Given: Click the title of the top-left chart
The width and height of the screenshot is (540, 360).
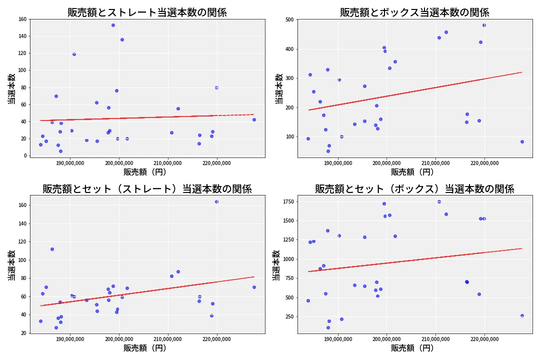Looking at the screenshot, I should click(147, 12).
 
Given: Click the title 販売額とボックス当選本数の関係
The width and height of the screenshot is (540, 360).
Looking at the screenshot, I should click(414, 12).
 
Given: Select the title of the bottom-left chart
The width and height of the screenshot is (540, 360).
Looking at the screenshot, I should click(147, 189).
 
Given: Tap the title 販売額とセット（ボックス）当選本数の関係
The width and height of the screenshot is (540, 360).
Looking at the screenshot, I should click(414, 189).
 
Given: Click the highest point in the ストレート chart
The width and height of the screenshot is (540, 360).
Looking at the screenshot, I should click(113, 25).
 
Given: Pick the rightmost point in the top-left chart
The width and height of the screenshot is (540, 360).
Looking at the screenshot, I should click(254, 119).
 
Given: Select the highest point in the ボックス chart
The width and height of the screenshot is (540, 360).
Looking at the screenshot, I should click(484, 25).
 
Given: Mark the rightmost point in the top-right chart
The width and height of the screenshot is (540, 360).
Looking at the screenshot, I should click(522, 141).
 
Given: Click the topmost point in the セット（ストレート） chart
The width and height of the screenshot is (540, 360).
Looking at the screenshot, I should click(216, 201).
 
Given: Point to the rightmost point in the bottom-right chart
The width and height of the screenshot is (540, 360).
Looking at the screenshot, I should click(522, 315).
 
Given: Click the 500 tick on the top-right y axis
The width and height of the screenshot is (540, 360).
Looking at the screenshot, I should click(289, 20).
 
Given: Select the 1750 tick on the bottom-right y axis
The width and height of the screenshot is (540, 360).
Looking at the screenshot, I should click(287, 201).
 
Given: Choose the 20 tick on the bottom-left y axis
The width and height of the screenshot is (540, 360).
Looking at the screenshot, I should click(23, 333).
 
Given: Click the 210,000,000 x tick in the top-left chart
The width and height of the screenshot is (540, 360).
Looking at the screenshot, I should click(168, 163).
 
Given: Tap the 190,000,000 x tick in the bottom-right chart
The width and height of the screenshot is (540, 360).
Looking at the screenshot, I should click(338, 340).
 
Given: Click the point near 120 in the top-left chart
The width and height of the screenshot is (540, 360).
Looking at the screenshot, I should click(74, 54).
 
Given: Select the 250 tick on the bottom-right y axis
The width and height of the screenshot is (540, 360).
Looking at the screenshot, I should click(289, 316).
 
